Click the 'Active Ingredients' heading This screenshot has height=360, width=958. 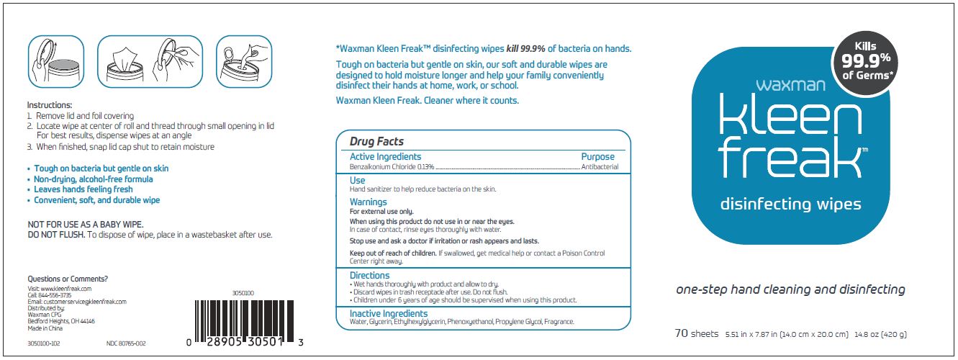point(385,156)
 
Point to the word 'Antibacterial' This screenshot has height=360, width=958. point(600,167)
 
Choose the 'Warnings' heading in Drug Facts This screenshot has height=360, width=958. point(368,202)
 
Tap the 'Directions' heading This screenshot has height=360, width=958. point(369,275)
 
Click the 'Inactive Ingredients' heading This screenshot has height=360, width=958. point(388,314)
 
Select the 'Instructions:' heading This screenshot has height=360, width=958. point(50,105)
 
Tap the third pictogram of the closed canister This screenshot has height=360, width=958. point(243,62)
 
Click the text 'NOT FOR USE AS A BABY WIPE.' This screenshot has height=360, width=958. point(85,225)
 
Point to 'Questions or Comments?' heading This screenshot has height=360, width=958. point(68,279)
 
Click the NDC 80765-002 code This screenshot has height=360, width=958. point(126,343)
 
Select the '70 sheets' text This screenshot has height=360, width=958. point(696,333)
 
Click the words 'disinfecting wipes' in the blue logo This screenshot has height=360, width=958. point(790,204)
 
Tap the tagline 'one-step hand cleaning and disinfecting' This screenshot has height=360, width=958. point(790,289)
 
